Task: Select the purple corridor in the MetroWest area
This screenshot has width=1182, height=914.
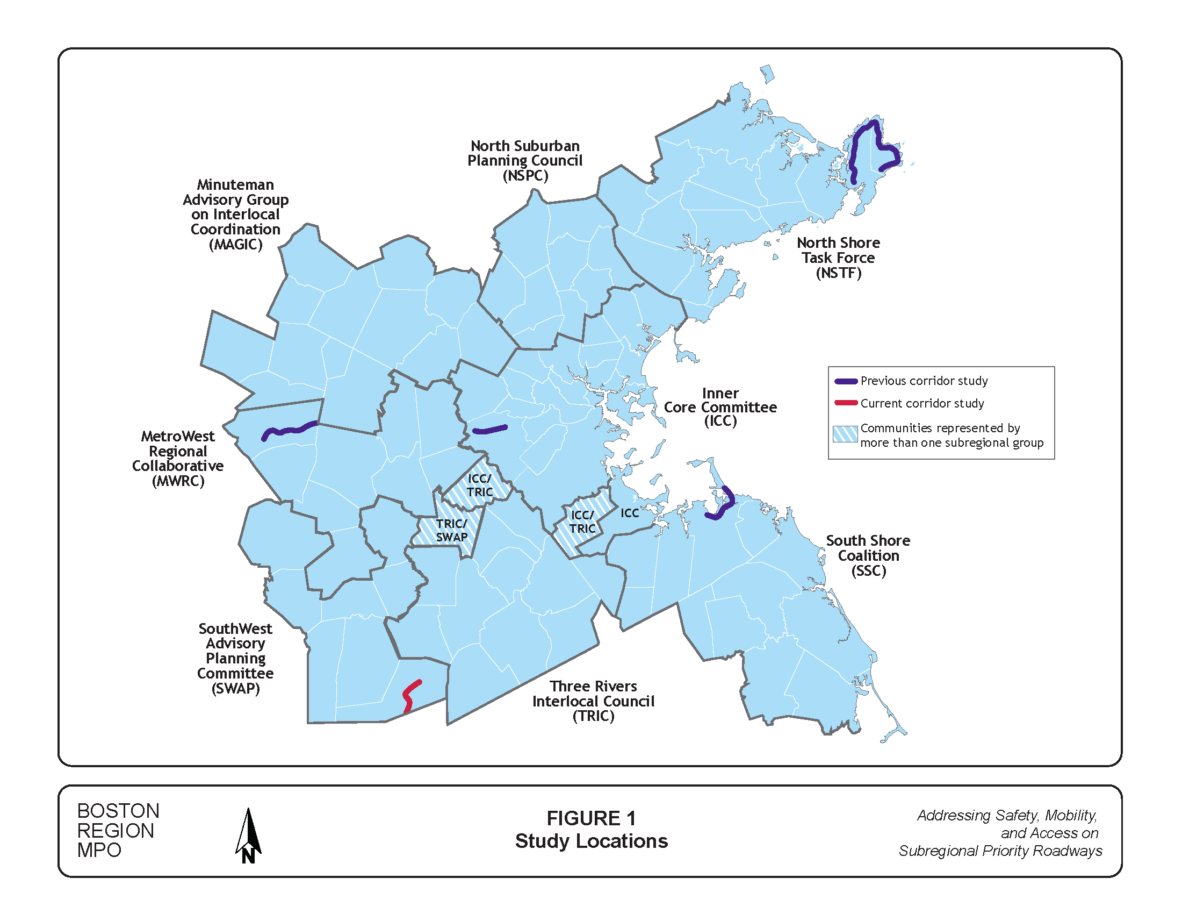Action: coord(290,430)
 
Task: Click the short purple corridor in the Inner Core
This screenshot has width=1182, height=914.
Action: coord(490,430)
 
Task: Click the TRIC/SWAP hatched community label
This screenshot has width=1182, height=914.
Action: coord(451,530)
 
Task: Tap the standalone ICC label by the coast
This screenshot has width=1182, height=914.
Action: coord(630,513)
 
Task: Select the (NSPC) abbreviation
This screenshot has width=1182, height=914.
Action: coord(525,175)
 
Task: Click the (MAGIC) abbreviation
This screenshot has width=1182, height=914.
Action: coord(235,244)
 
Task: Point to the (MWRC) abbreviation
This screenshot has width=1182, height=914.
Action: coord(178,481)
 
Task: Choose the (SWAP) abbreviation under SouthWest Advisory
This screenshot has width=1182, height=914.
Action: coord(235,688)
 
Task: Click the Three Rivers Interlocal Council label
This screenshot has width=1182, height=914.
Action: coord(593,701)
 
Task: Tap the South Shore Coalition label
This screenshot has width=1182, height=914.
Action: coord(868,555)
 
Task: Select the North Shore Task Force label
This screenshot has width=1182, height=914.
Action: coord(838,257)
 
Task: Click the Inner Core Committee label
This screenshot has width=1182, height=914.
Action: coord(720,406)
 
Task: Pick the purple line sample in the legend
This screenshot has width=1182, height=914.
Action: coord(846,381)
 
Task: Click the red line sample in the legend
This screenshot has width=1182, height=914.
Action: coord(846,403)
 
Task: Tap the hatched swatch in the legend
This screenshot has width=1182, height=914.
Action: coord(845,434)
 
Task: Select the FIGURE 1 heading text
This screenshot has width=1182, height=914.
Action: coord(591,818)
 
